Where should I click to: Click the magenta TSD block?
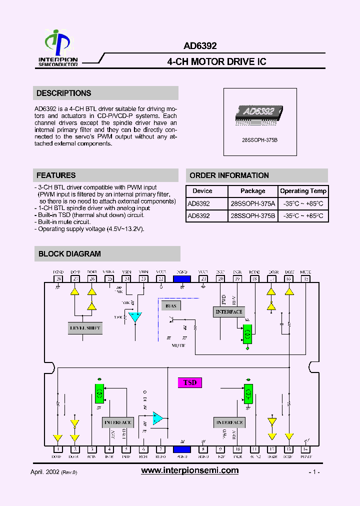click(190, 383)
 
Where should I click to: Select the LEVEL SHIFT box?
click(84, 328)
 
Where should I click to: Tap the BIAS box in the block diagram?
click(171, 306)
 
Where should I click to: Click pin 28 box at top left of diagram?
click(58, 279)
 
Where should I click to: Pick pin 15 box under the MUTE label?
click(305, 279)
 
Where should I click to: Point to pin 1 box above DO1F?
click(58, 449)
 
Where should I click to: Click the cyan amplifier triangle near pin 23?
click(135, 317)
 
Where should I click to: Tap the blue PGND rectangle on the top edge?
click(181, 279)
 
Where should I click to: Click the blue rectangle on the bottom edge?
click(181, 449)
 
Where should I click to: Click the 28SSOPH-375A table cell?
click(252, 204)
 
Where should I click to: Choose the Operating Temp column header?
click(303, 191)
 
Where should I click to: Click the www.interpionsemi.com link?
click(189, 470)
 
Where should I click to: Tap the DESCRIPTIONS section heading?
click(64, 93)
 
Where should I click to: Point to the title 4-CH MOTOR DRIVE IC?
click(216, 61)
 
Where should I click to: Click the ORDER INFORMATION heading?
click(229, 175)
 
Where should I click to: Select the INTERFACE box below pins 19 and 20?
click(228, 312)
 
